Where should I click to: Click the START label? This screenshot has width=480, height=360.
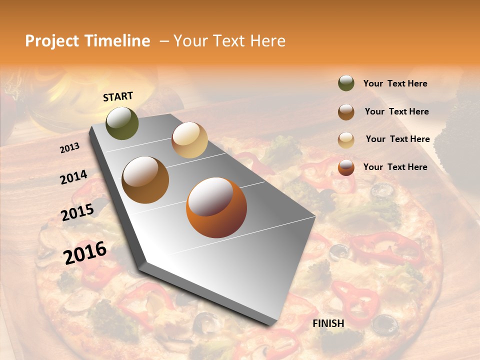[x=118, y=96]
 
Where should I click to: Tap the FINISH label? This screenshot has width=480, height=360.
[x=328, y=323]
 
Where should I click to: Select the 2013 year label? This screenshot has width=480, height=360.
[x=69, y=148]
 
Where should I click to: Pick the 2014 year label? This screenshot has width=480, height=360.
[x=73, y=177]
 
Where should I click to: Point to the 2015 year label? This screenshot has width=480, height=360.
[x=77, y=212]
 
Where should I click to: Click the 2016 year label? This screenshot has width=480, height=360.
[x=84, y=252]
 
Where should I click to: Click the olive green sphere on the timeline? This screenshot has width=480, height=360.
[x=122, y=123]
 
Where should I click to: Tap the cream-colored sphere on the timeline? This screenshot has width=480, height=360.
[x=189, y=140]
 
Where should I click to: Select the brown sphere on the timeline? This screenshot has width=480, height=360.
[x=145, y=180]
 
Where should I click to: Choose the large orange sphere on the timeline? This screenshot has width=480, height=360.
[x=216, y=207]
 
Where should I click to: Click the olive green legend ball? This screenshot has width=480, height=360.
[x=346, y=83]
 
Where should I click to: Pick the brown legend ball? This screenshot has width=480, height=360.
[x=346, y=112]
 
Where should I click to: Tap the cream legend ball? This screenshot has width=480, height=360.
[x=346, y=140]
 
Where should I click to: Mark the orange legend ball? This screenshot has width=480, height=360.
[x=346, y=167]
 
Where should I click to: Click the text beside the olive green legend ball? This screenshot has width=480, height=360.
[x=395, y=84]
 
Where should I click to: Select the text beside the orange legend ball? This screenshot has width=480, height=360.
[x=395, y=167]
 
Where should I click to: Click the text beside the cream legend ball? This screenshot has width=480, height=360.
[x=397, y=139]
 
